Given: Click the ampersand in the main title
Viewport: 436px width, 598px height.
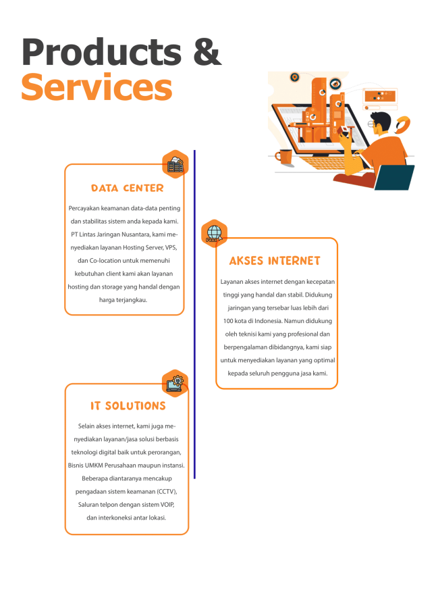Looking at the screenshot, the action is coord(207,52).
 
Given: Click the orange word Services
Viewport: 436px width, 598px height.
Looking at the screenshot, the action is coord(97,87).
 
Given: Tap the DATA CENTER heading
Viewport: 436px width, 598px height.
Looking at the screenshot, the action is coord(127,188).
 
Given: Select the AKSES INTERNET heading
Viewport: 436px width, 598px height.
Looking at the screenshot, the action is coord(275,261).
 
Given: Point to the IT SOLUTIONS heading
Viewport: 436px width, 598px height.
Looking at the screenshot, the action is coord(128,406).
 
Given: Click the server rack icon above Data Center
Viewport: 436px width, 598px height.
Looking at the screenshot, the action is coord(175,164).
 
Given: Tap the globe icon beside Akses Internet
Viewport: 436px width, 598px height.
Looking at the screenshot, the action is coord(214,233).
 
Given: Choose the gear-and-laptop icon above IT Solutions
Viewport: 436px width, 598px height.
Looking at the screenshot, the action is coord(175,383).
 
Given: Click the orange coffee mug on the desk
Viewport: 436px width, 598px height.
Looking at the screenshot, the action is coord(284,156).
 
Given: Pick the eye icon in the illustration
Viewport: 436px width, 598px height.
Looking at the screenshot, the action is coord(335,83).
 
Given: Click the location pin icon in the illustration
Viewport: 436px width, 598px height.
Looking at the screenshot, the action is coord(294,78).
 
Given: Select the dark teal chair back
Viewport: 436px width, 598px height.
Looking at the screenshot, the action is coord(394,177).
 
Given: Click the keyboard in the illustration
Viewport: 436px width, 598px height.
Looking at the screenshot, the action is coord(327,164).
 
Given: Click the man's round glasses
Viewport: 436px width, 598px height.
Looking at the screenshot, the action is coord(371,124).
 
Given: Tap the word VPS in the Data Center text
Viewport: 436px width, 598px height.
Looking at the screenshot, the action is coord(171,247).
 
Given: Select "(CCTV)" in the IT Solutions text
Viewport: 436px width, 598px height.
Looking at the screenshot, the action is coord(167,492).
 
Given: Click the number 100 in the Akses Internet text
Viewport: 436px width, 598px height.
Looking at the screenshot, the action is coord(228,321).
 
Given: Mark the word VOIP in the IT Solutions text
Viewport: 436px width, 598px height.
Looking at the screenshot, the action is coord(167,505).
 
